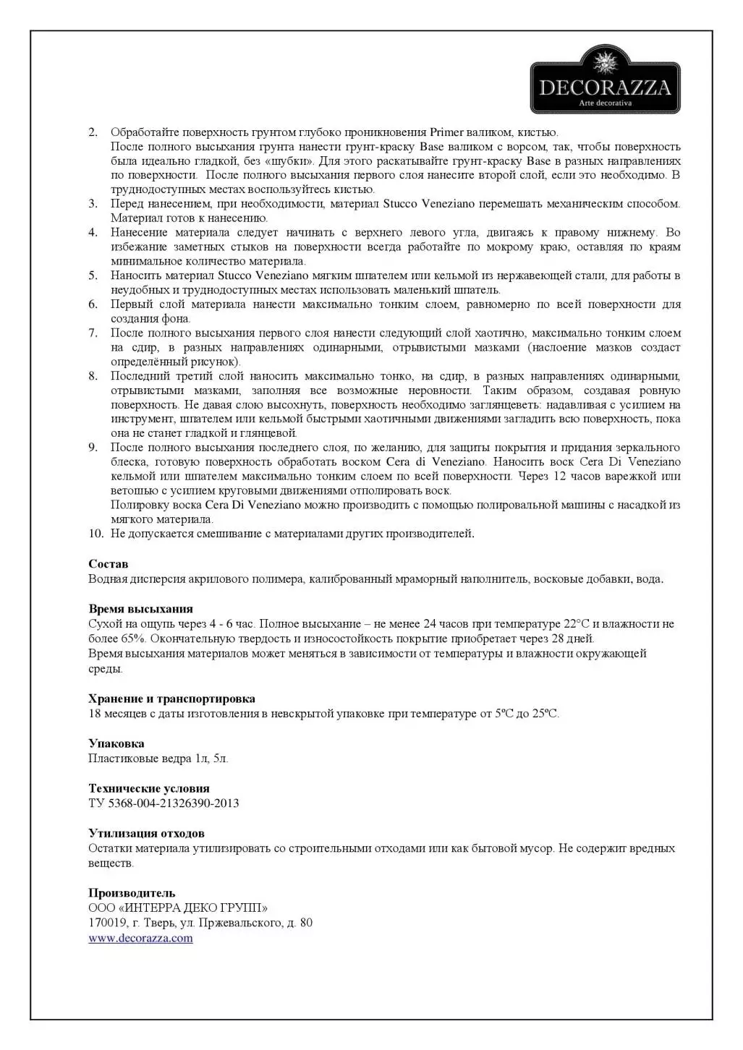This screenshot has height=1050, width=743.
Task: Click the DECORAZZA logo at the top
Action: (x=605, y=80)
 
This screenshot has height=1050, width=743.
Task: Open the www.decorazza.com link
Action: (x=140, y=939)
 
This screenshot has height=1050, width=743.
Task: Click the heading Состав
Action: (x=108, y=564)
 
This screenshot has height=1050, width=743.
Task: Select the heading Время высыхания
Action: (x=140, y=609)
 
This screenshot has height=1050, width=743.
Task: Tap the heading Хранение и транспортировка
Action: (x=171, y=699)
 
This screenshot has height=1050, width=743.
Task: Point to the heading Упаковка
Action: (x=116, y=743)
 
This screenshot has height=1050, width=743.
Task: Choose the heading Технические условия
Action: (x=148, y=788)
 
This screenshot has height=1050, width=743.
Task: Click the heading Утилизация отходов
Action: (x=146, y=833)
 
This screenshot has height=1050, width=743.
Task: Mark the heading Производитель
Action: (x=132, y=893)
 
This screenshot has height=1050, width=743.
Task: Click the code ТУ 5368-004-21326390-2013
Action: (x=164, y=803)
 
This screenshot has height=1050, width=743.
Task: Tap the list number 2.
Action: (x=93, y=132)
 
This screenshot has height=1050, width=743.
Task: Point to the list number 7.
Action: (x=93, y=333)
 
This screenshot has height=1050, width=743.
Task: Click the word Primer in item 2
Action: (x=446, y=132)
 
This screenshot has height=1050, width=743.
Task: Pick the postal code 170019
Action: (x=105, y=923)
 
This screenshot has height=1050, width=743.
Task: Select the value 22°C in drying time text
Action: (x=577, y=624)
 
